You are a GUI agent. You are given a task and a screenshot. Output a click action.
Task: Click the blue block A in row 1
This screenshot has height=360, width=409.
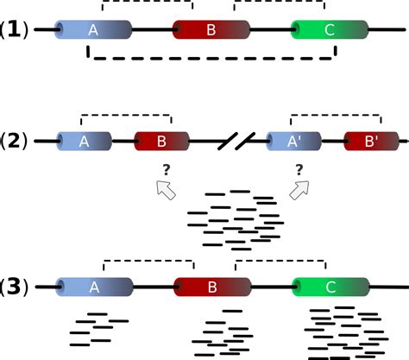coord(93,29)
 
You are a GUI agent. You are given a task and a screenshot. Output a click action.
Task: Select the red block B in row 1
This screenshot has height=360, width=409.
coord(211,29)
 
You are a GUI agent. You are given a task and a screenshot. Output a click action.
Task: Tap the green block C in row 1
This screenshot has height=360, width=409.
coord(330,29)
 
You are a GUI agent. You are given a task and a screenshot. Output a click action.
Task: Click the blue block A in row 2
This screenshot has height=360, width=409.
coord(84,141)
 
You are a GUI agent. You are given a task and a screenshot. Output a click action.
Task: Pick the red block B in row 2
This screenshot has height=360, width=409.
coord(161,141)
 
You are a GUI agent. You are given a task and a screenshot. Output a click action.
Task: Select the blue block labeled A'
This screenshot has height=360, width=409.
coord(293,141)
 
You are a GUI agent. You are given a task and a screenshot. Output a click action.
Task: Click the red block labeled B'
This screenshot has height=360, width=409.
coord(371,141)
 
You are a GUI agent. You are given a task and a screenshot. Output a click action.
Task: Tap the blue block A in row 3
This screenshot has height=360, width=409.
coord(94,287)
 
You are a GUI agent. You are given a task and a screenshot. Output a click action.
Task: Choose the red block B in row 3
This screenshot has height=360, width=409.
coord(212,287)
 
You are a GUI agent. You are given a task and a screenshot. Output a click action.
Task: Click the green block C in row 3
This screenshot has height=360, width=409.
coord(330,287)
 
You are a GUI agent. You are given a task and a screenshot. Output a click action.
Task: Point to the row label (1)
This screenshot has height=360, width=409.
coord(14,30)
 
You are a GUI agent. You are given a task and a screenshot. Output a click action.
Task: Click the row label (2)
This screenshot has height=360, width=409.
coord(14,141)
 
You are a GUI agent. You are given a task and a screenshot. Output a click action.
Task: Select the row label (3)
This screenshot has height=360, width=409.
coord(14,287)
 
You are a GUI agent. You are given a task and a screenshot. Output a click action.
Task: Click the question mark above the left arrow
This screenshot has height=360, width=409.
coord(167,170)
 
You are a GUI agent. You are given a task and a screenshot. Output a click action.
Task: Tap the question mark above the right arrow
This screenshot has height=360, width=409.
coord(299,170)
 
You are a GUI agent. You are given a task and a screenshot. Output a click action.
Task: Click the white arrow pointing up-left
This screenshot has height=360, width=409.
coord(166,190)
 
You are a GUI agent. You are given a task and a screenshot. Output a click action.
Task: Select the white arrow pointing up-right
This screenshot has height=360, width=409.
coord(299,190)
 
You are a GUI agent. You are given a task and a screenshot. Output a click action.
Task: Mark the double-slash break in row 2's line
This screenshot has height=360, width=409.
coord(236,141)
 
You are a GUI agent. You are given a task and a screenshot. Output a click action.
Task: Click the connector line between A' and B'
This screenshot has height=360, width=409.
coord(333,141)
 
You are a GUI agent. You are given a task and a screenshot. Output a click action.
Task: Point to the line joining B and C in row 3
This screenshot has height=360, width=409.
coord(272,287)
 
